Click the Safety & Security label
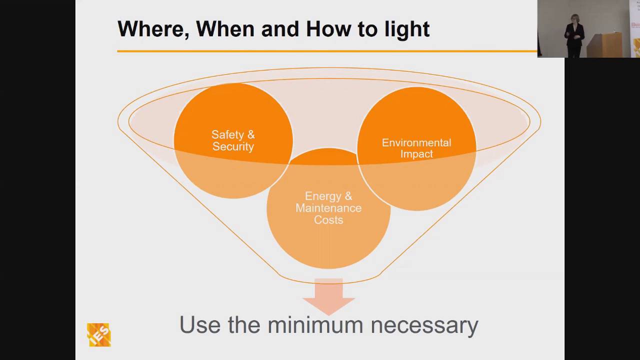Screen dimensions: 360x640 click(x=233, y=140)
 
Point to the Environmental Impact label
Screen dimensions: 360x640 click(x=416, y=148)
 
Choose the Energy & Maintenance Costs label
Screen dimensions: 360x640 click(x=328, y=208)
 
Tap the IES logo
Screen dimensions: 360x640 click(x=98, y=334)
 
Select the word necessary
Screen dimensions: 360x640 click(x=424, y=325)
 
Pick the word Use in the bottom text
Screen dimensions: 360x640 click(x=200, y=325)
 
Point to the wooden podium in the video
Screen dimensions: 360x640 click(x=604, y=45)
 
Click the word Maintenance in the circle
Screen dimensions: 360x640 click(x=328, y=208)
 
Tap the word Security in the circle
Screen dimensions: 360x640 click(x=233, y=146)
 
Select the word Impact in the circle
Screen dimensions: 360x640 click(x=416, y=154)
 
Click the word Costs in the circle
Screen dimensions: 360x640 click(x=328, y=220)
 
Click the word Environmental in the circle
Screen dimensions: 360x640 click(x=416, y=142)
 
